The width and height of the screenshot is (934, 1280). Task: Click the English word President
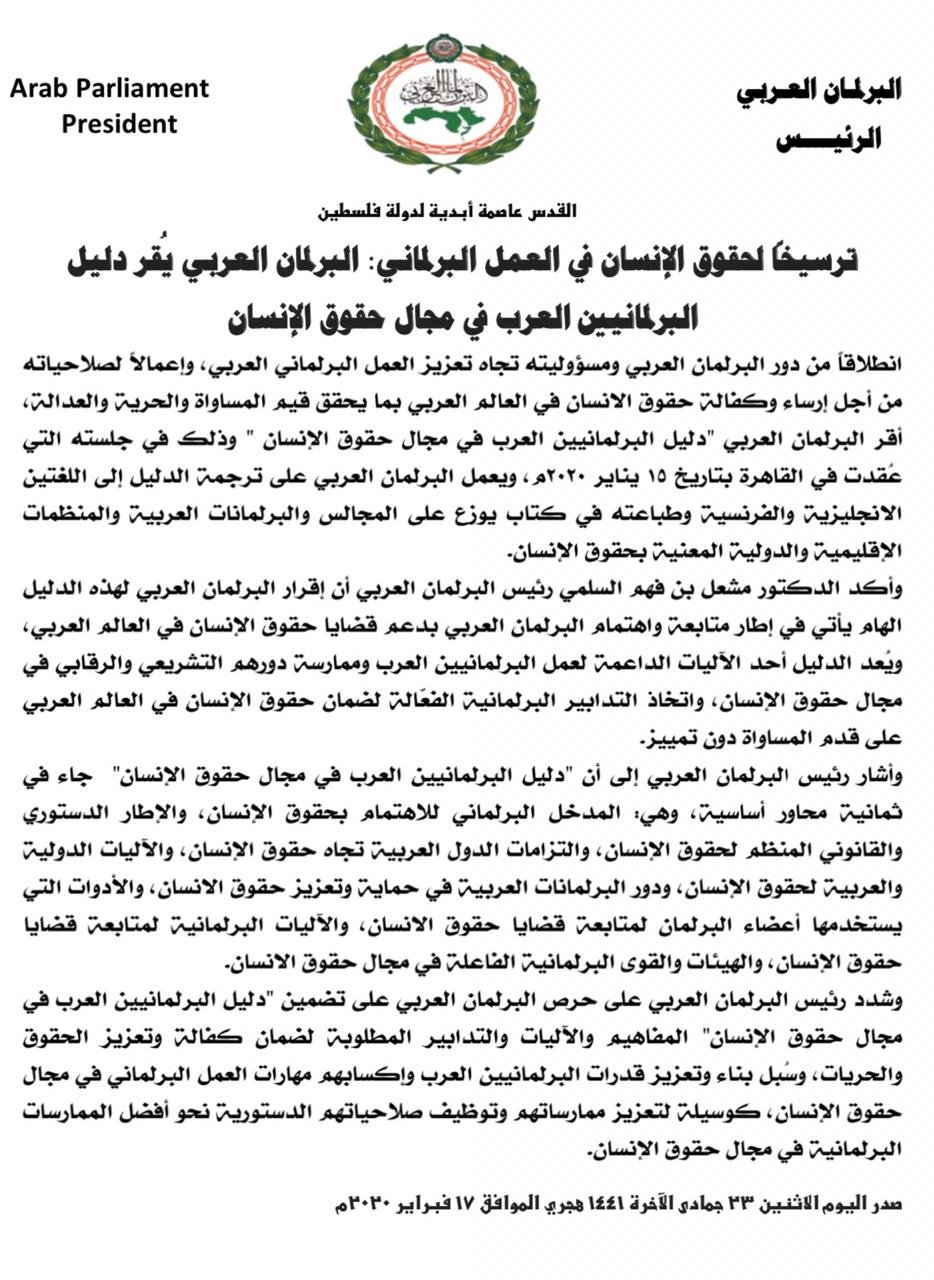[x=119, y=124]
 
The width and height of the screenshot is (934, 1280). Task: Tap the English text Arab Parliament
[x=110, y=88]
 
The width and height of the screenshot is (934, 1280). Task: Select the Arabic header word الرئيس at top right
[x=828, y=138]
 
